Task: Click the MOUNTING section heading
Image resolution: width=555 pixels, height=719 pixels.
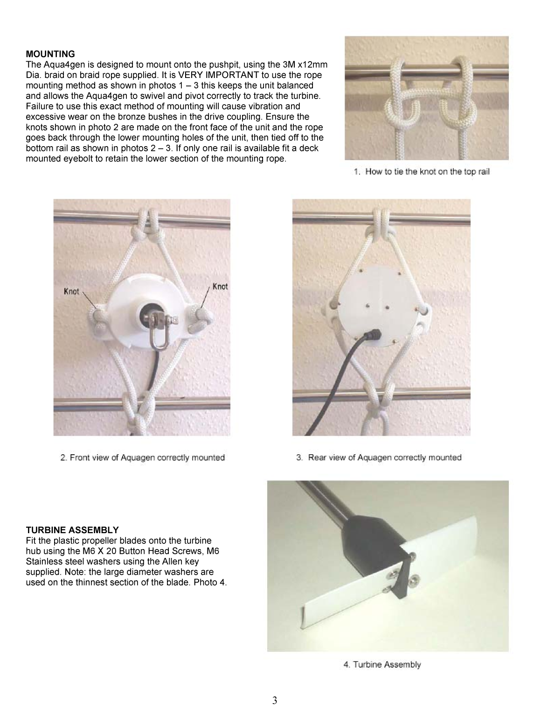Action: pyautogui.click(x=50, y=54)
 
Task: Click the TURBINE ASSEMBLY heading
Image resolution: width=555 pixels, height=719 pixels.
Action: pyautogui.click(x=72, y=530)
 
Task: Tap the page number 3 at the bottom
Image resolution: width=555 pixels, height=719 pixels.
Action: pyautogui.click(x=275, y=700)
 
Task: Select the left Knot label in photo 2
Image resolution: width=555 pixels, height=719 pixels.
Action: pyautogui.click(x=71, y=291)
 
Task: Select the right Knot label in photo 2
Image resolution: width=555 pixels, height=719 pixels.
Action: pyautogui.click(x=220, y=286)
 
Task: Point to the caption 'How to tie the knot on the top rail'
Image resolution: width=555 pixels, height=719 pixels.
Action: pyautogui.click(x=422, y=172)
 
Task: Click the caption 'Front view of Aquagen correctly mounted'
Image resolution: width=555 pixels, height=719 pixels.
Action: pyautogui.click(x=143, y=458)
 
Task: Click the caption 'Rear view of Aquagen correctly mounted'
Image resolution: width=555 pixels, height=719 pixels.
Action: pyautogui.click(x=379, y=458)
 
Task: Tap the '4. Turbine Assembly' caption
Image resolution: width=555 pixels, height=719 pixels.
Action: pyautogui.click(x=382, y=664)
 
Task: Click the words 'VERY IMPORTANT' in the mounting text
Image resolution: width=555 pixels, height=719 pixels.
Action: pyautogui.click(x=208, y=75)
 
